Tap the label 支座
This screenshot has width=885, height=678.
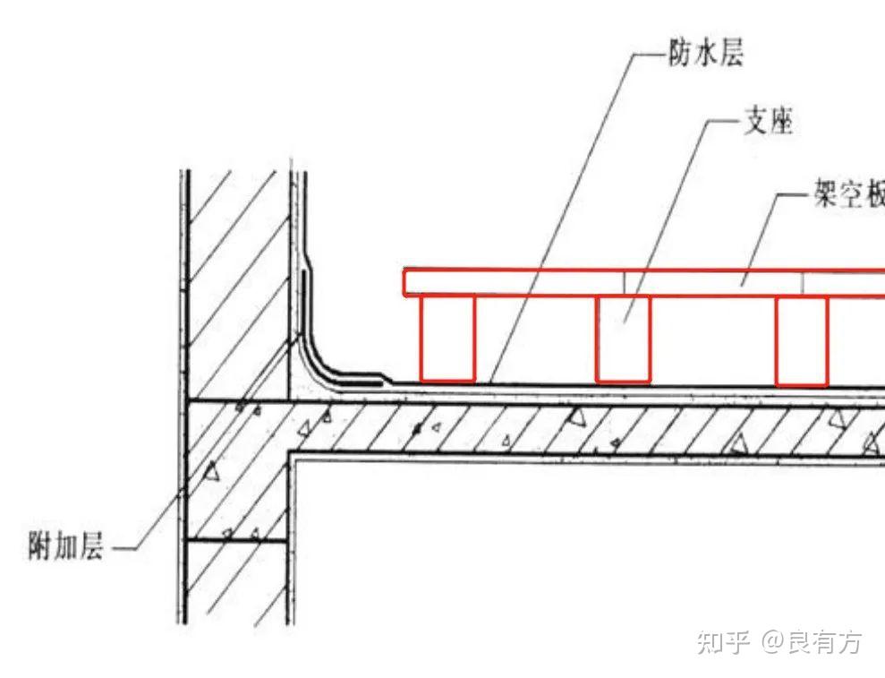click(768, 122)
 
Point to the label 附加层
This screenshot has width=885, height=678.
click(65, 545)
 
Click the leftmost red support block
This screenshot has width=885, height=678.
click(447, 338)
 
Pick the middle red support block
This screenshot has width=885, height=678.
click(623, 338)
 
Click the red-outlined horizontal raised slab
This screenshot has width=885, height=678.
click(644, 282)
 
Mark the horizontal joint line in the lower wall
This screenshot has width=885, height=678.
click(238, 539)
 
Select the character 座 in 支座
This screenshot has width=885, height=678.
click(780, 122)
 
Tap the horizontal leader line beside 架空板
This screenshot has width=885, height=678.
click(792, 195)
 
